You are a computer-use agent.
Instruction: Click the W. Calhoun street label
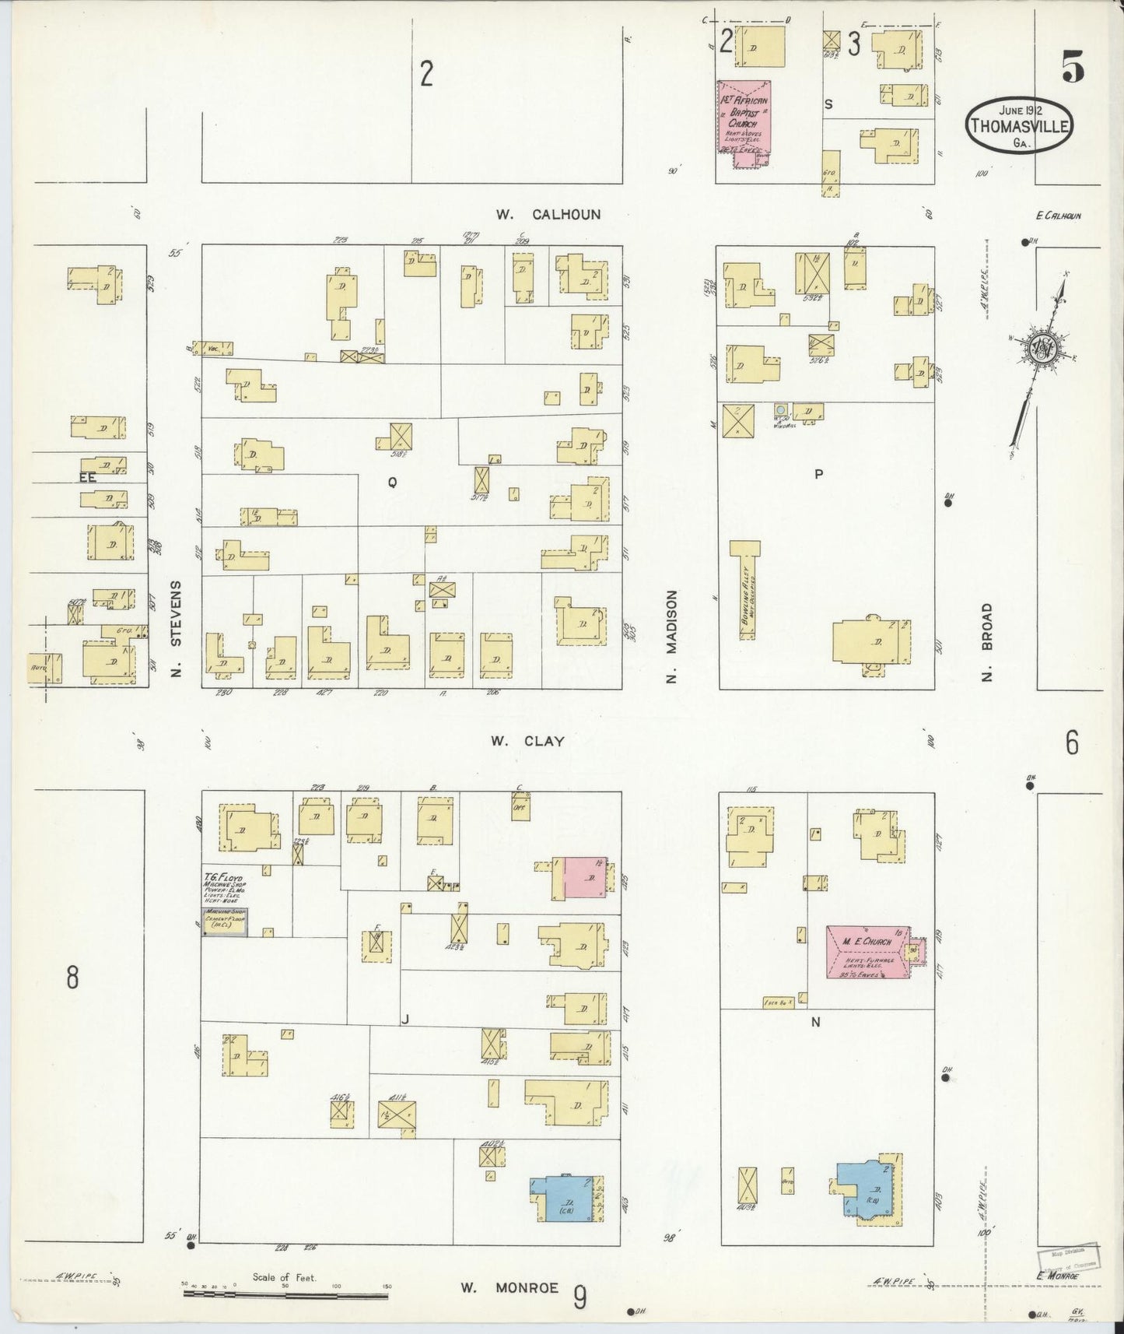[x=548, y=214]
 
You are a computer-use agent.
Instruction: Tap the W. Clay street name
[x=527, y=742]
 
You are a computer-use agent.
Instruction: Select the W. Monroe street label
[x=509, y=1287]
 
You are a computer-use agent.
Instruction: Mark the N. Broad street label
[x=987, y=642]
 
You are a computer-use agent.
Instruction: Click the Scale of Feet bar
[x=285, y=1295]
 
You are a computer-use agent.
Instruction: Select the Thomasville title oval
[x=1018, y=126]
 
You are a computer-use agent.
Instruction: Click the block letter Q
[x=392, y=483]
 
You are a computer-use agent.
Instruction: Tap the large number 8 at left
[x=72, y=977]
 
